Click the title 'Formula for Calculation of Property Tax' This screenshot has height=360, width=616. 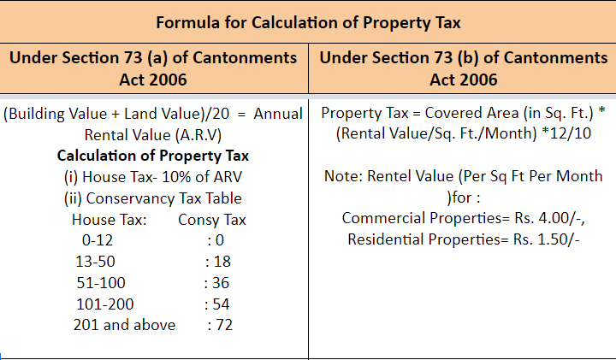tap(307, 23)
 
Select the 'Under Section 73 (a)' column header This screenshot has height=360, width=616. tap(154, 68)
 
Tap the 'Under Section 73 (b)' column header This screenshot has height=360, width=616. tap(463, 68)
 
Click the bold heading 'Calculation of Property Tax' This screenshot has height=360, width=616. tap(153, 156)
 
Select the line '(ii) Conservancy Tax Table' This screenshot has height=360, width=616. tap(152, 198)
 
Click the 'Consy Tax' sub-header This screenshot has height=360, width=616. tap(212, 220)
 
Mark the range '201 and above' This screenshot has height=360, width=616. tap(125, 325)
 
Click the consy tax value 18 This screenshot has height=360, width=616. tap(222, 262)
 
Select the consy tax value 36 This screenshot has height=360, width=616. tap(222, 282)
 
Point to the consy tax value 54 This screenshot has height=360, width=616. tap(222, 304)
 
